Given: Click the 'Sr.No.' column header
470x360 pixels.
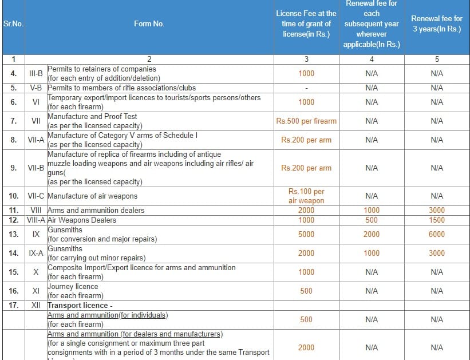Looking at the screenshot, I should point(13,24).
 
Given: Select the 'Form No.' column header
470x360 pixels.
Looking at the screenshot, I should point(149,24).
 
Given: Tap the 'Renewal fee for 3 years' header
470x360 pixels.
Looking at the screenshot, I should point(436,24).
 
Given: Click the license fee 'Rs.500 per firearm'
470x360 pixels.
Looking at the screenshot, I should point(306,121).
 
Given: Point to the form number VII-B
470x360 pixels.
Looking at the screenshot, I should point(36,168).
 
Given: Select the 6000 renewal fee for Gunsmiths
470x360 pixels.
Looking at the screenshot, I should point(436,234).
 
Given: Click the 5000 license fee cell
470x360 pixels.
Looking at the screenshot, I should point(306,234).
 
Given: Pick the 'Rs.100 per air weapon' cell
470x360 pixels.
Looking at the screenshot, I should point(306,196).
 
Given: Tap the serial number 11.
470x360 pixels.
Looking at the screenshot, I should point(13,211).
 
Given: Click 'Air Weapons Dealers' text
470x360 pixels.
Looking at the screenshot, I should point(82,220).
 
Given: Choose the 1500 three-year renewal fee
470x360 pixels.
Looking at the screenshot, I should point(436,220).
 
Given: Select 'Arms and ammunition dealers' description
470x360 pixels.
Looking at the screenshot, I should point(96,211).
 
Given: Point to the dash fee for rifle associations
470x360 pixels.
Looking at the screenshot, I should point(306,88).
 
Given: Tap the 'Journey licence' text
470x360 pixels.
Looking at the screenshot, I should point(73,286).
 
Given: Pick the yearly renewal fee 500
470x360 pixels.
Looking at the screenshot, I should point(371,220).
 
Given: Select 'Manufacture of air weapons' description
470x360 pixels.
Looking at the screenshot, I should point(92,196).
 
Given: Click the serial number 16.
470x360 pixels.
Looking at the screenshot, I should point(13,291).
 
